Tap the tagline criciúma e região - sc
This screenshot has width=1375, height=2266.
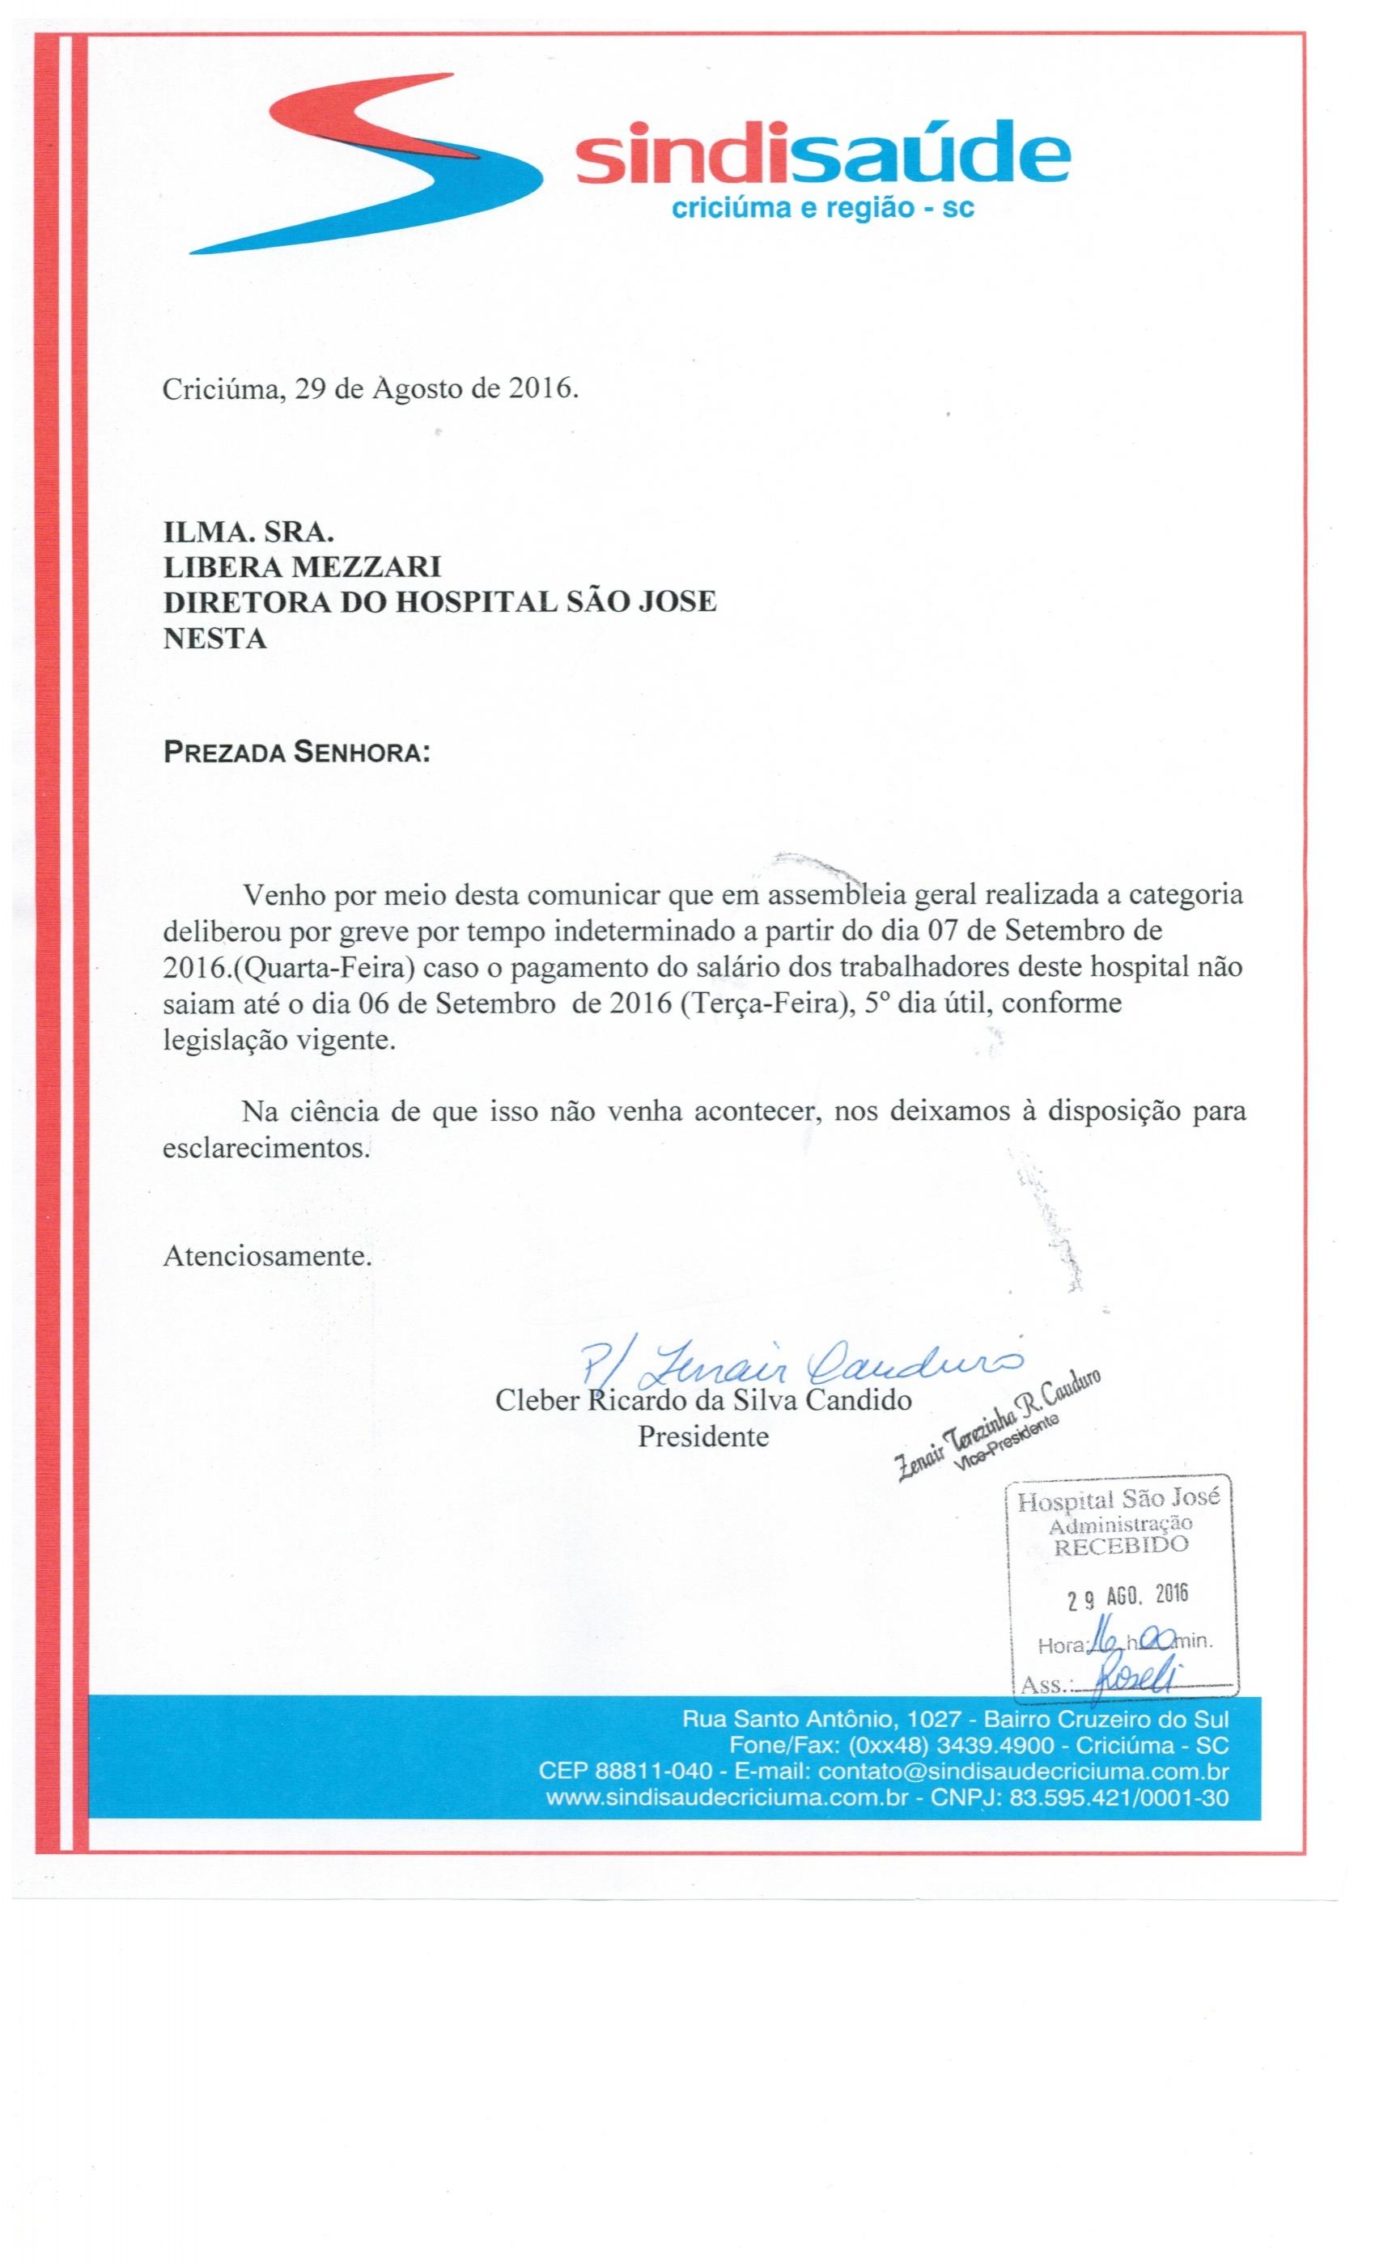pos(823,209)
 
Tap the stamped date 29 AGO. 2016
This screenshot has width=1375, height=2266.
pos(1127,1597)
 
